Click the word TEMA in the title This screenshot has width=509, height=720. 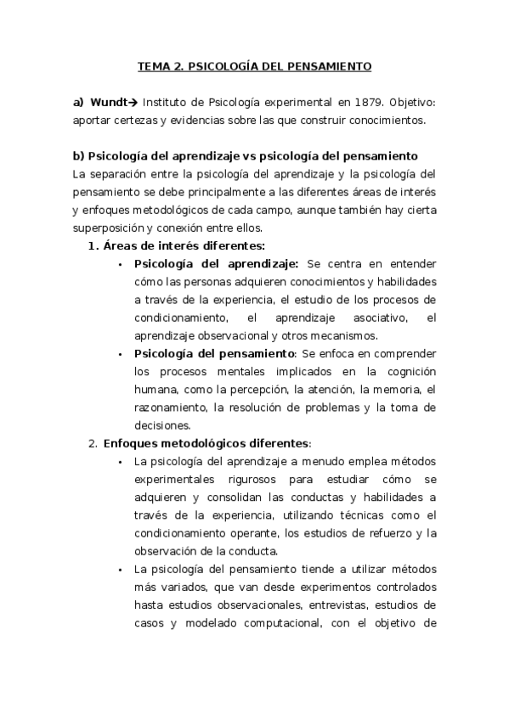coord(154,65)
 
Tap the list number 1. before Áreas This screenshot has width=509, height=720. coord(93,246)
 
